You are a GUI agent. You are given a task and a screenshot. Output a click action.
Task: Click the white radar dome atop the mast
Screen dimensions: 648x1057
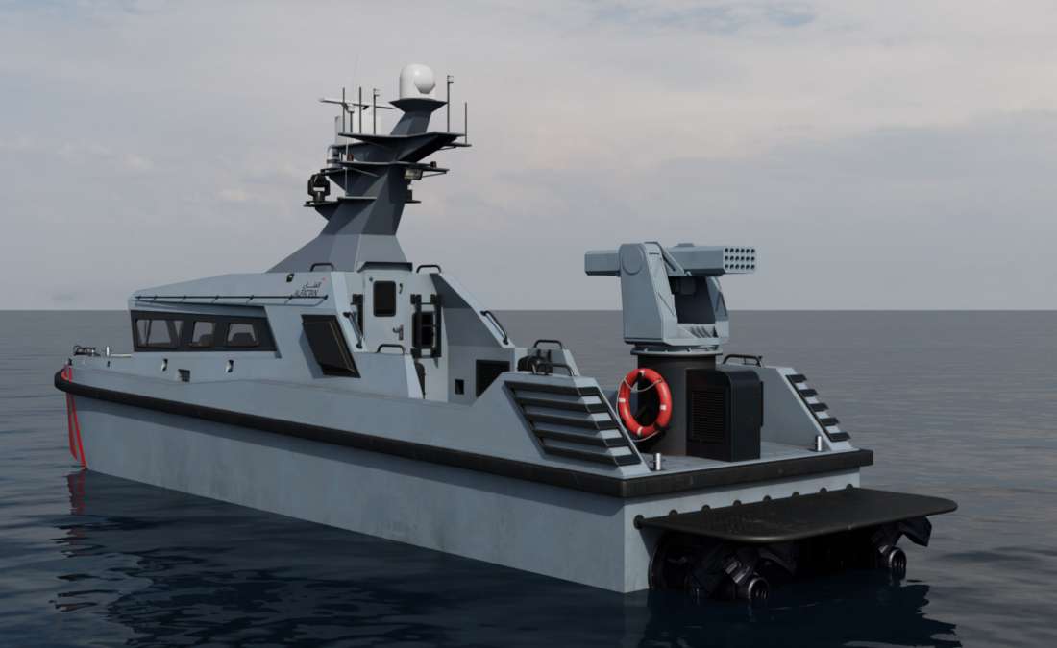tap(417, 81)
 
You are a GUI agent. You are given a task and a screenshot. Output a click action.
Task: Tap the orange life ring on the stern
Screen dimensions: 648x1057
tap(644, 402)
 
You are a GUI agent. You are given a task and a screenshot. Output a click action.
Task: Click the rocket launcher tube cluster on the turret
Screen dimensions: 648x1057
tap(737, 259)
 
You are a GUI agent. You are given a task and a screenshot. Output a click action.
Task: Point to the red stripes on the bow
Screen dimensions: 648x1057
tap(72, 423)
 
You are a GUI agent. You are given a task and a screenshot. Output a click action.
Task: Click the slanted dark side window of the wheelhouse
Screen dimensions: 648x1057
tap(330, 346)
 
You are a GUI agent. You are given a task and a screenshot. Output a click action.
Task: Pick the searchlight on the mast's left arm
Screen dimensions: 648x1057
tap(318, 185)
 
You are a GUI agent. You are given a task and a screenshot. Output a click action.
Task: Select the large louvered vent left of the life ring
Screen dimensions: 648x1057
tap(572, 422)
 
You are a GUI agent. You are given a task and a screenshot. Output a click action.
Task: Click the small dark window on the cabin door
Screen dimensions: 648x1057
tap(384, 298)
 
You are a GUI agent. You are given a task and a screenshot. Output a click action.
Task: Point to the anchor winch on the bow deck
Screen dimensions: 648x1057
tap(86, 351)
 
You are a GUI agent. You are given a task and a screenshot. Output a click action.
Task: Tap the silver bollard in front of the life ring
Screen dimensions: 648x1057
tap(655, 462)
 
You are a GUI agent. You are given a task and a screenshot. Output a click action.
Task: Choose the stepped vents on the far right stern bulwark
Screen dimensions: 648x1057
tap(818, 408)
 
